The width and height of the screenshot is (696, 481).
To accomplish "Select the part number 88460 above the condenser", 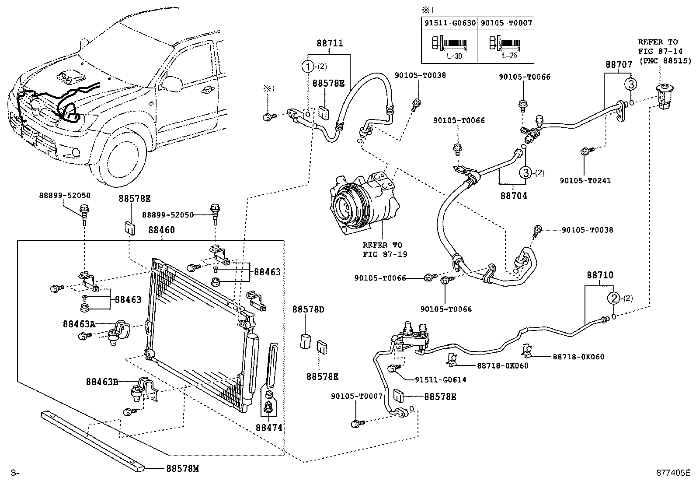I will pyautogui.click(x=161, y=230).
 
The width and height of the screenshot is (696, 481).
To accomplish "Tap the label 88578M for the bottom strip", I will pyautogui.click(x=182, y=469).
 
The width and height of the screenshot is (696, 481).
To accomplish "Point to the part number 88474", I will pyautogui.click(x=269, y=428).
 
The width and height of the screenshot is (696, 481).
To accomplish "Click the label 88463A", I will pyautogui.click(x=79, y=324).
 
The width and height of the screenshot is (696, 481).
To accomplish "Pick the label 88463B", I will pyautogui.click(x=102, y=382).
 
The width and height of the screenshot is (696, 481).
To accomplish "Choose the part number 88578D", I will pyautogui.click(x=308, y=309).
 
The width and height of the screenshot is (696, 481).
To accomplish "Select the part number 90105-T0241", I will pyautogui.click(x=585, y=180).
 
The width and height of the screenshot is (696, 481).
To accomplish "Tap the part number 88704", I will pyautogui.click(x=514, y=196).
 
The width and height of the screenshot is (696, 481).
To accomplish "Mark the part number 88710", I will pyautogui.click(x=600, y=275).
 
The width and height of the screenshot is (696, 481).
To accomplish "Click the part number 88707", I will pyautogui.click(x=619, y=64).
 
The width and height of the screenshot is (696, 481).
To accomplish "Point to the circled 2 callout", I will pyautogui.click(x=614, y=298).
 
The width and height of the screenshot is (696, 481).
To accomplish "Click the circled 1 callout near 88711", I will pyautogui.click(x=308, y=67).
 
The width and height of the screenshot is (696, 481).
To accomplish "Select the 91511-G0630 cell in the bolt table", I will pyautogui.click(x=449, y=23).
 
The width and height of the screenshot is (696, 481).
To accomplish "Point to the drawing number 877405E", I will pyautogui.click(x=672, y=473).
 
